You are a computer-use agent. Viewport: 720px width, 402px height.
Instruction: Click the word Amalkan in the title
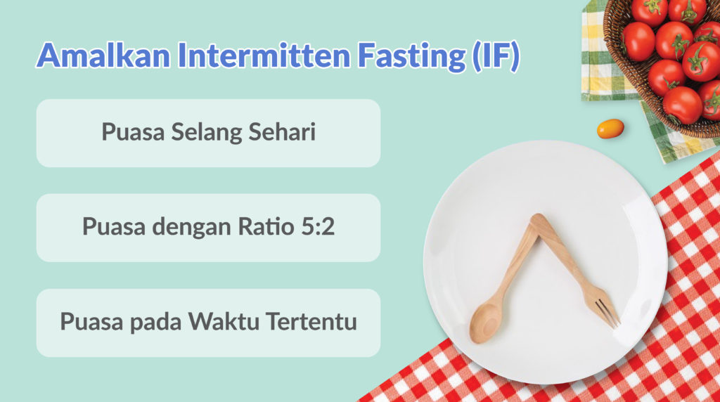104,55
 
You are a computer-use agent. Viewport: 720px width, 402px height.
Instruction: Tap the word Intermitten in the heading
264,55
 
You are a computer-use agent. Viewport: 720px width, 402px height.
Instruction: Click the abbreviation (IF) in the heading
496,56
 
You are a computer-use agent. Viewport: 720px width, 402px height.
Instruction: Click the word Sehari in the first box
282,131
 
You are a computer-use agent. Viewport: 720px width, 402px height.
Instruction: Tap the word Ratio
266,226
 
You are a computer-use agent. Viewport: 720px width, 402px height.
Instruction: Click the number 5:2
318,227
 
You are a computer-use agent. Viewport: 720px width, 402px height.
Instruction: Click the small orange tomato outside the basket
610,129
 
